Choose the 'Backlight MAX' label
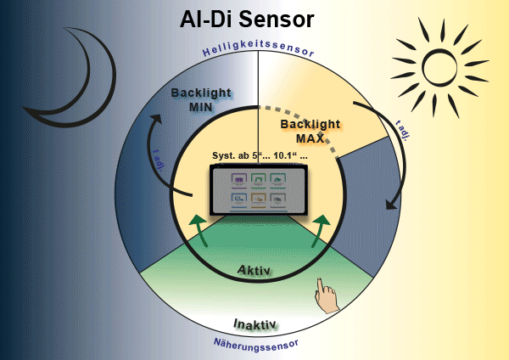coord(310,131)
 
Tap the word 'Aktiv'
coord(254,270)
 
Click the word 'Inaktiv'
coord(255,323)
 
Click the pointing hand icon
coord(325,295)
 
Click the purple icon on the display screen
coord(238,180)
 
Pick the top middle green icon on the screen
coord(258,180)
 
